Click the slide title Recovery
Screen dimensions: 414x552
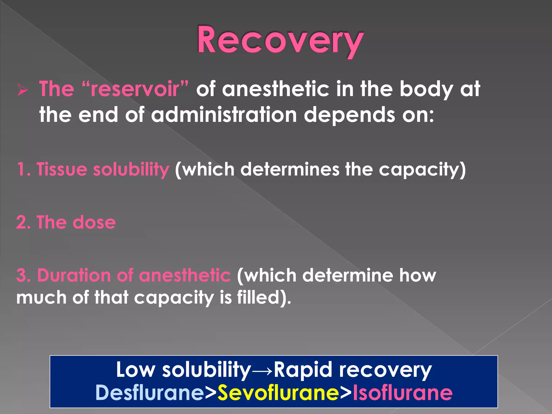[280, 40]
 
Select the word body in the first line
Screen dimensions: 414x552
[426, 89]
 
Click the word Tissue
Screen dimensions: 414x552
[62, 169]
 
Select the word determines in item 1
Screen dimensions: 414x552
[289, 169]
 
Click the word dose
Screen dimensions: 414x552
[94, 222]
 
